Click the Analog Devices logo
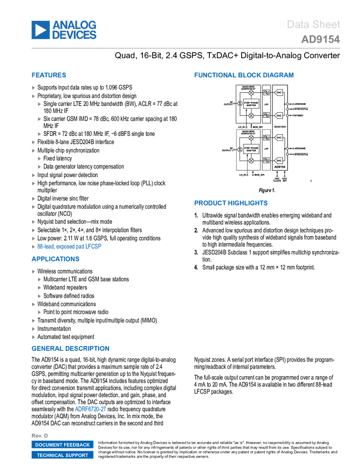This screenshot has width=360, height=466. (64, 30)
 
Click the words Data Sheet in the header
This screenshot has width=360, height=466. (313, 25)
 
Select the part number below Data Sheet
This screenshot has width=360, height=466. (320, 40)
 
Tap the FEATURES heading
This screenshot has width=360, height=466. (49, 76)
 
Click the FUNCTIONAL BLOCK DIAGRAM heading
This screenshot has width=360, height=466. (243, 75)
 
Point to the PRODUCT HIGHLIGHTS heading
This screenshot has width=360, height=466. (231, 203)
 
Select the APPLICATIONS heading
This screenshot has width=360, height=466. (55, 259)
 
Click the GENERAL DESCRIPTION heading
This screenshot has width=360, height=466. (70, 349)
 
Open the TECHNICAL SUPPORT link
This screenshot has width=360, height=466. (62, 455)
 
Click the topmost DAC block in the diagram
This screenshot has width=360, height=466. (279, 93)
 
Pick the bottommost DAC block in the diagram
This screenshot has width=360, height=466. (279, 161)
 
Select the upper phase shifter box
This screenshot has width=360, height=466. (251, 104)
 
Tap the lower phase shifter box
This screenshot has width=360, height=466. (251, 149)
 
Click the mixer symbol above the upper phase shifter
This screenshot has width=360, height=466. (251, 93)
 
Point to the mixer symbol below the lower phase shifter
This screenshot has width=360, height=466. (251, 161)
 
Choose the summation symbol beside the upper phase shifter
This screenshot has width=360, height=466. (239, 104)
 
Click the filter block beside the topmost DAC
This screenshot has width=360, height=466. (266, 93)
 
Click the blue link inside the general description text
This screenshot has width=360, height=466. (90, 408)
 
